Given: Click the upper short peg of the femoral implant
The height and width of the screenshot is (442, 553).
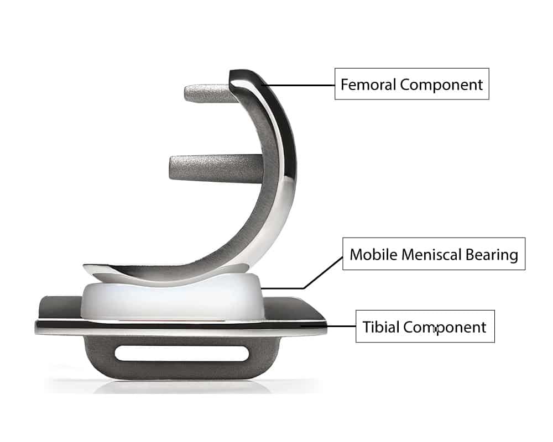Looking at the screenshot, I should pyautogui.click(x=207, y=94).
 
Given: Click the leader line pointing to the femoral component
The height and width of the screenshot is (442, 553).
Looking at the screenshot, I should pyautogui.click(x=301, y=85).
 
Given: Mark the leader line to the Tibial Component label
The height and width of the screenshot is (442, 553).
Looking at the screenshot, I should pyautogui.click(x=340, y=327).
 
